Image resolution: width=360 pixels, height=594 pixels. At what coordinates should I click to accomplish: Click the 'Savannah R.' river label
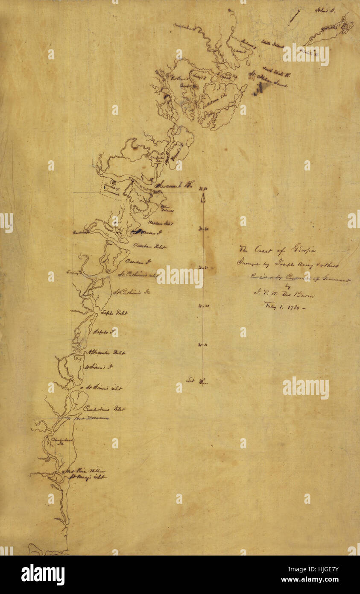pyautogui.click(x=176, y=185)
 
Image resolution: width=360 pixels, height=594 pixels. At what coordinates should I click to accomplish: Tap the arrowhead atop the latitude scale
pyautogui.click(x=203, y=197)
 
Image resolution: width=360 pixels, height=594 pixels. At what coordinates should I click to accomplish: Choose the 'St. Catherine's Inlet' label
pyautogui.click(x=138, y=275)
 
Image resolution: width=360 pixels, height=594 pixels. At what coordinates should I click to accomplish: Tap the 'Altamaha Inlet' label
pyautogui.click(x=107, y=353)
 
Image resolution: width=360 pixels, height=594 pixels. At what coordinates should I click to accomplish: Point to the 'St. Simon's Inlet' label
pyautogui.click(x=104, y=388)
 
